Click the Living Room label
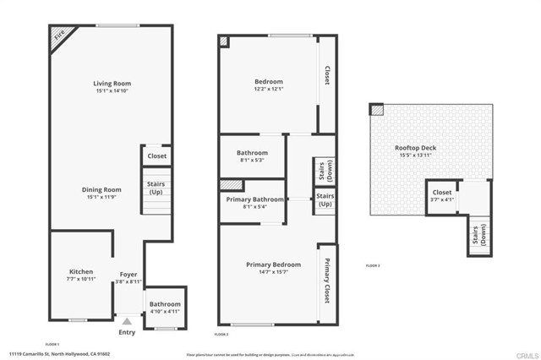pos(112,84)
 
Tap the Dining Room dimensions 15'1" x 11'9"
pos(101,197)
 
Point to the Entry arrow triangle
pos(127,321)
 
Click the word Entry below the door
pos(127,332)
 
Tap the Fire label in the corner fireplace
pos(59,36)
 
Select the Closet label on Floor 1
pos(156,155)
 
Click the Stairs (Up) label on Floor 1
pos(156,188)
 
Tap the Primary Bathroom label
pos(254,199)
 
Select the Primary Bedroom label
pos(273,265)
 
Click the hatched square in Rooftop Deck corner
pos(376,109)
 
